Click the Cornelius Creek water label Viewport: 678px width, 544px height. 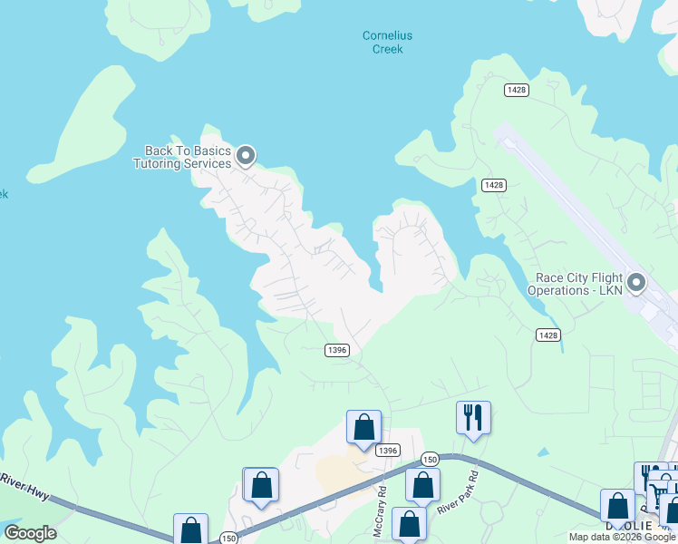pos(387,43)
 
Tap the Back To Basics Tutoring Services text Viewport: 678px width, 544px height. pos(182,157)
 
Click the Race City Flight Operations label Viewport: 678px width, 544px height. pos(579,284)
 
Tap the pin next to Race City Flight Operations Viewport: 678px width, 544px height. pos(636,283)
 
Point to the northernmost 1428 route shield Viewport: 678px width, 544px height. pos(517,90)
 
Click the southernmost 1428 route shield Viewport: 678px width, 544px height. pos(547,335)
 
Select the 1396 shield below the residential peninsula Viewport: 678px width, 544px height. pos(337,351)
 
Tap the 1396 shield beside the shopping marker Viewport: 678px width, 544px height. pos(387,450)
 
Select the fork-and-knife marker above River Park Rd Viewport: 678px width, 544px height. pos(472,417)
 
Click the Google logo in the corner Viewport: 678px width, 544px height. pos(30,533)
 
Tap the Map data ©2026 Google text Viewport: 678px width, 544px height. pos(622,537)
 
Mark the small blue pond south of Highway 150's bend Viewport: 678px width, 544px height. pos(542,452)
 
